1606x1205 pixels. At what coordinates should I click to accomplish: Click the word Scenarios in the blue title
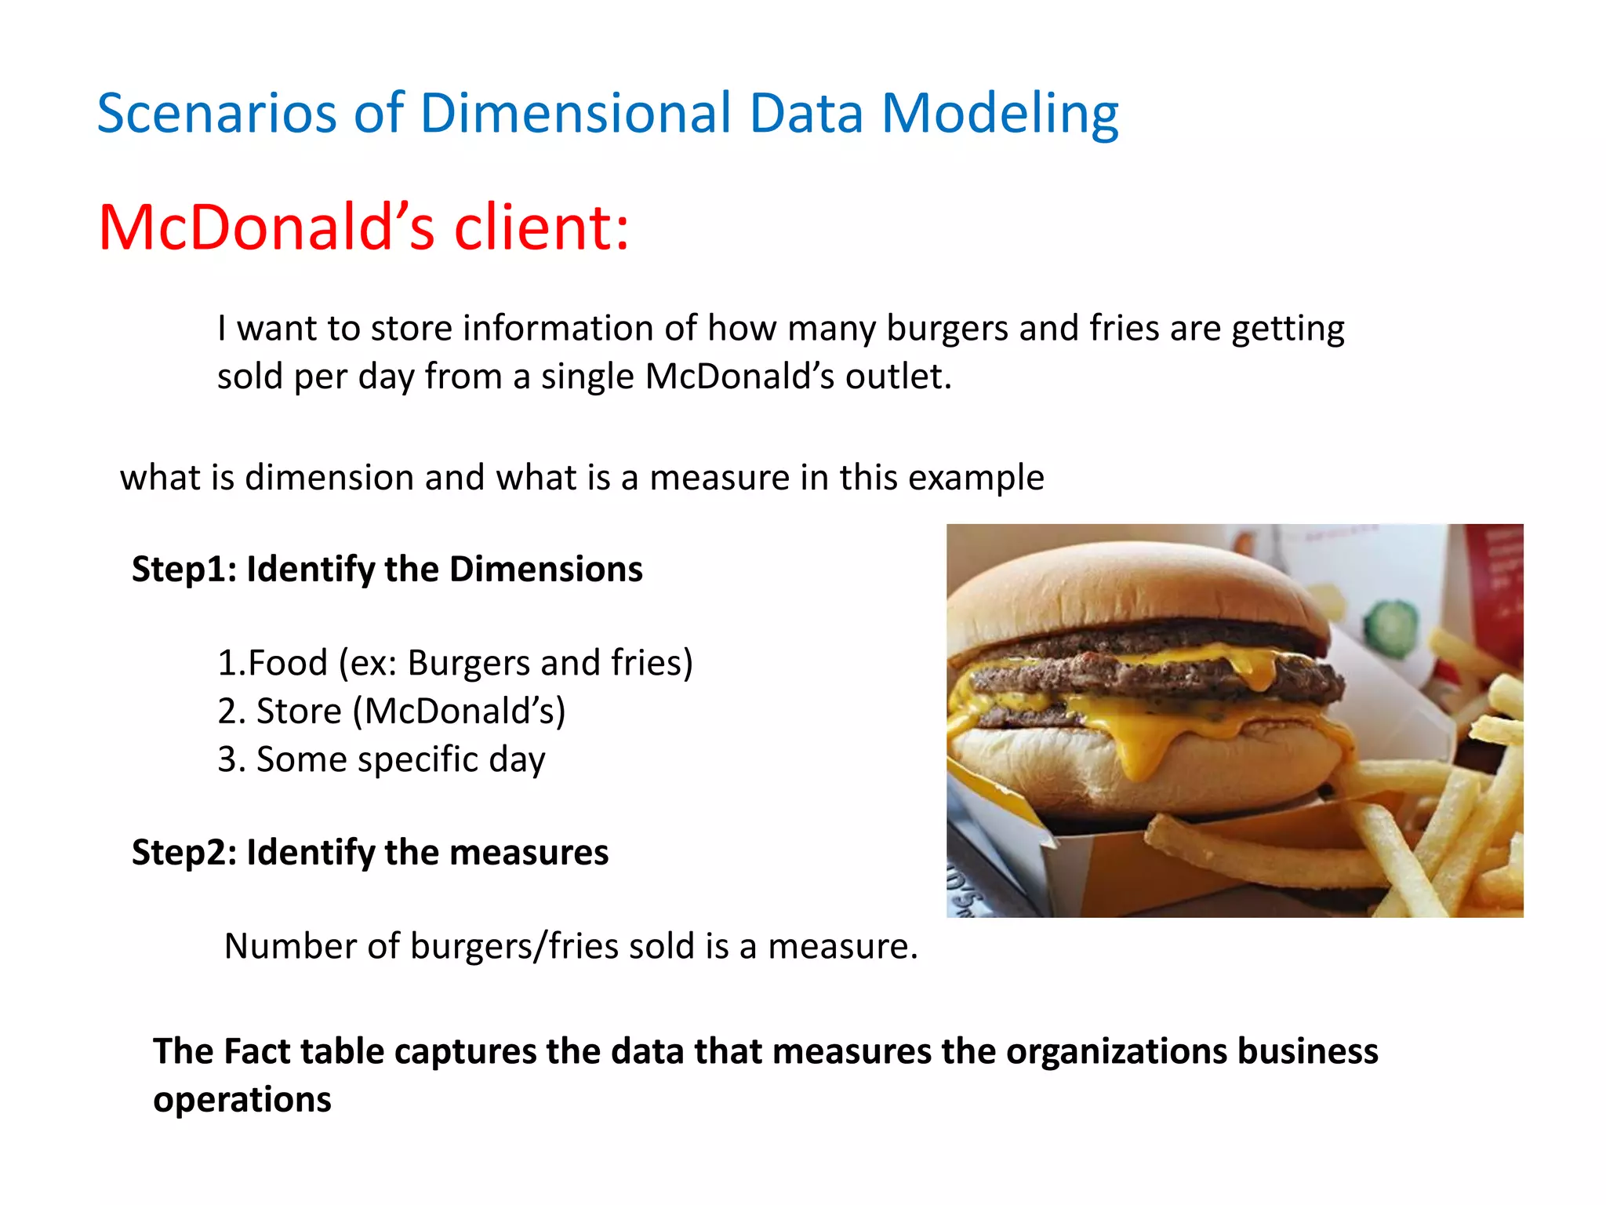[x=216, y=114]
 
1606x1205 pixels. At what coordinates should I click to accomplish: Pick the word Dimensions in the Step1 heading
[x=546, y=569]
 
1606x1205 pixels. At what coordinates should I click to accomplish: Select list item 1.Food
[x=271, y=663]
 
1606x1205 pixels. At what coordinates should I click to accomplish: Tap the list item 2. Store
[x=282, y=712]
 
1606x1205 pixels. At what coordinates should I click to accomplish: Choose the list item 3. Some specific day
[x=381, y=759]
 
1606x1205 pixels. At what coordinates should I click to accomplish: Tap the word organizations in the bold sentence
[x=1115, y=1051]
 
